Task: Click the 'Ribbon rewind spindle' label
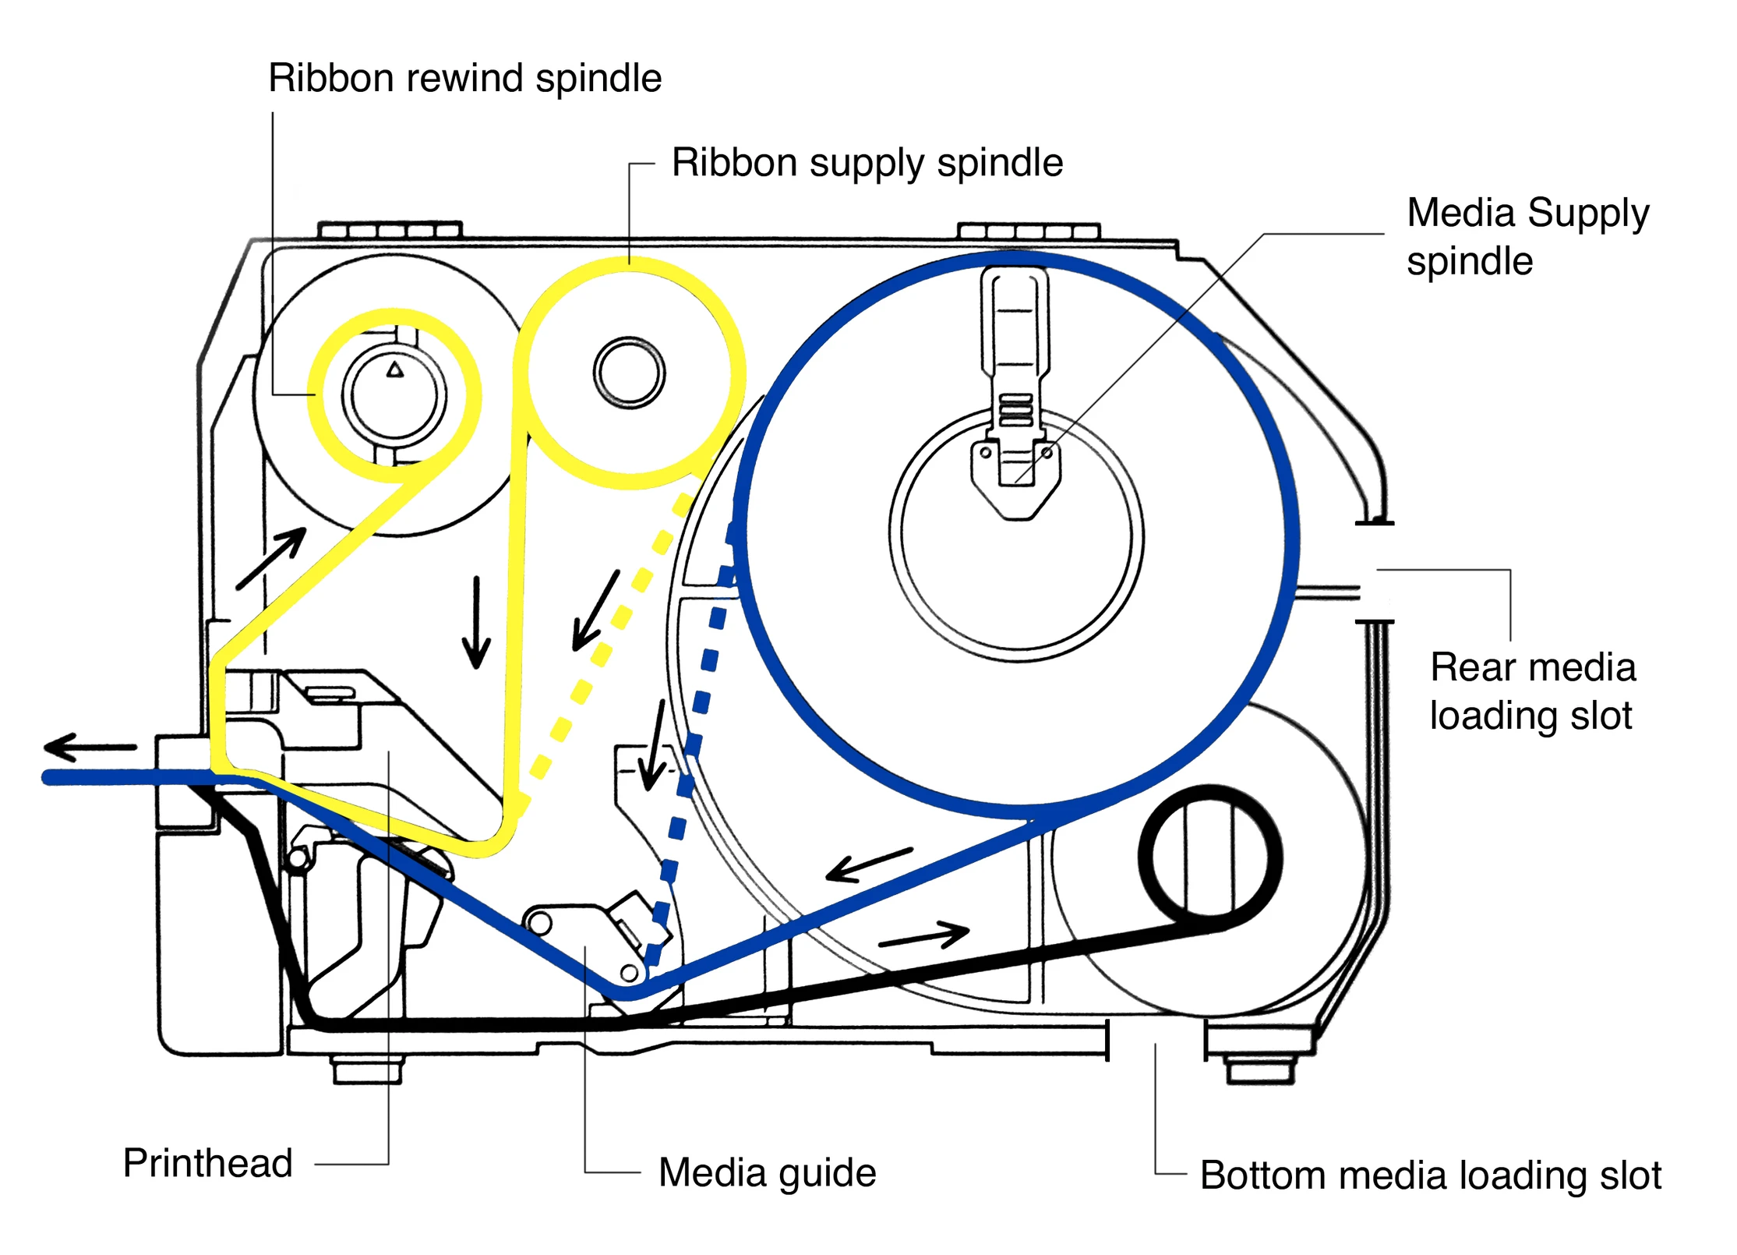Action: (464, 79)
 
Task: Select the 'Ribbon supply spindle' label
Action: (867, 164)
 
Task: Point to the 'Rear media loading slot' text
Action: (1531, 691)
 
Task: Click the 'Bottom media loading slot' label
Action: (1430, 1175)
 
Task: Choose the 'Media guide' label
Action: (767, 1173)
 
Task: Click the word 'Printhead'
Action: (207, 1164)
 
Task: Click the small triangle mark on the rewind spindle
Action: (395, 369)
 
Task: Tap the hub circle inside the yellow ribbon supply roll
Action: (629, 373)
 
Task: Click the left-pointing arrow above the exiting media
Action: (90, 748)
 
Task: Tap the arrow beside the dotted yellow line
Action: (595, 610)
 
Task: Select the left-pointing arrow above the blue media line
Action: (868, 864)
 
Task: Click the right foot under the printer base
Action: (1259, 1069)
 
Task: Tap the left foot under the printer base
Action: (367, 1069)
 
